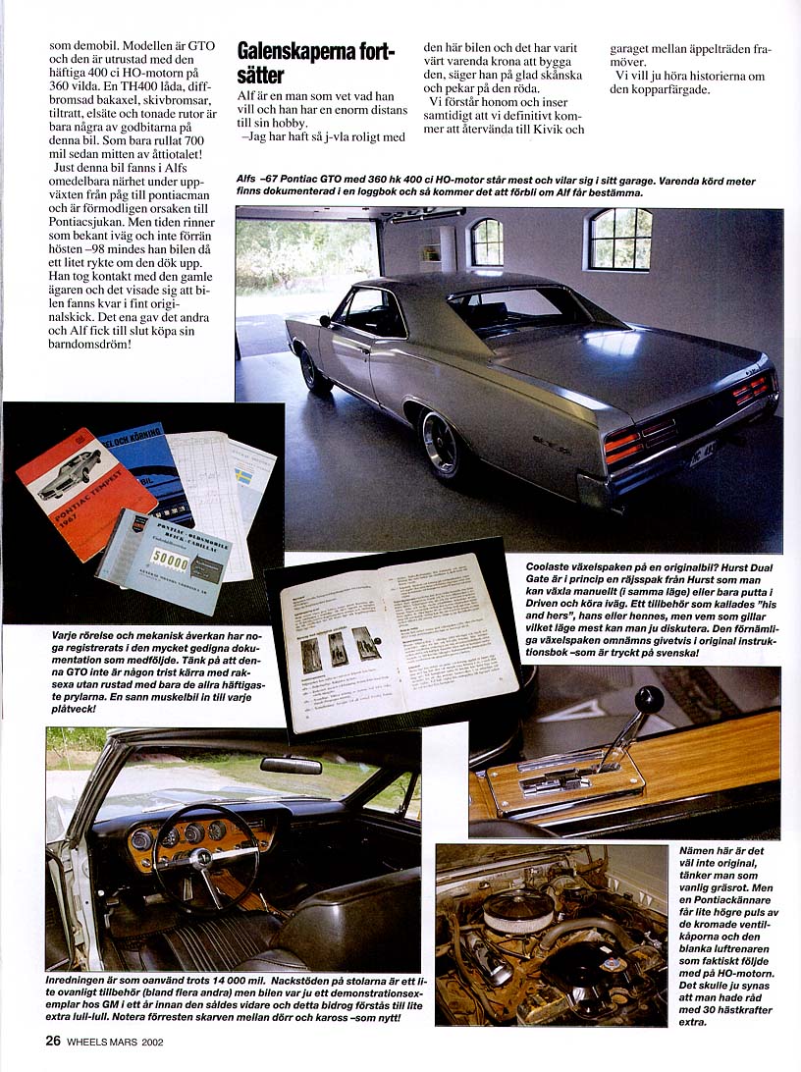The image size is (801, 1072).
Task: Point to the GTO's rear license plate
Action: tap(703, 455)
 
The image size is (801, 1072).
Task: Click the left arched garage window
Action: tap(486, 241)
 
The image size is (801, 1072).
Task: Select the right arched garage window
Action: tap(621, 239)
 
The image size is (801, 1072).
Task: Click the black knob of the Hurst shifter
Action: tap(649, 700)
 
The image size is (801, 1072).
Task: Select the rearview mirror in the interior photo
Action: tap(291, 765)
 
